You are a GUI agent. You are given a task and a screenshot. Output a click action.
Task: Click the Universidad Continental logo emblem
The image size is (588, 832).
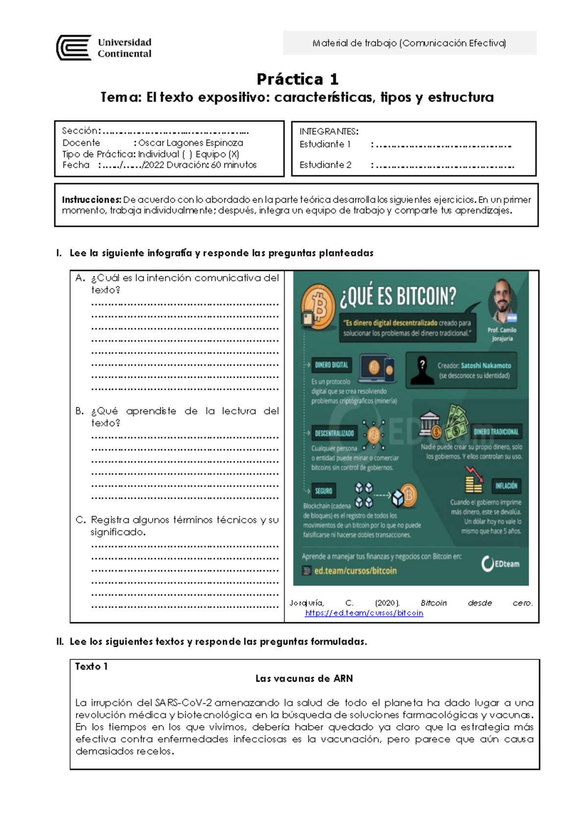pyautogui.click(x=73, y=48)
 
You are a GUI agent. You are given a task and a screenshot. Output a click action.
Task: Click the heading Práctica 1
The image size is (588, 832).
pyautogui.click(x=297, y=79)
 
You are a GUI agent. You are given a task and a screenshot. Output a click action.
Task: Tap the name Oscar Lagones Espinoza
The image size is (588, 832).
pyautogui.click(x=191, y=143)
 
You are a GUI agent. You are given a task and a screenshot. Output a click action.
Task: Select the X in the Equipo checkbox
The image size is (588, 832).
pyautogui.click(x=234, y=154)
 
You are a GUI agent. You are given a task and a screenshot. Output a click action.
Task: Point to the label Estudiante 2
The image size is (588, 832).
pyautogui.click(x=325, y=165)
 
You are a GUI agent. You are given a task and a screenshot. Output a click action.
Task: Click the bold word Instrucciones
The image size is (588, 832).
pyautogui.click(x=91, y=199)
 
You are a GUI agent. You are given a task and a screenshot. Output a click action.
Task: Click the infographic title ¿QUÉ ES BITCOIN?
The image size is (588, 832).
pyautogui.click(x=398, y=296)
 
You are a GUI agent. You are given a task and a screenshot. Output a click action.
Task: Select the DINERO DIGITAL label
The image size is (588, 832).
pyautogui.click(x=331, y=365)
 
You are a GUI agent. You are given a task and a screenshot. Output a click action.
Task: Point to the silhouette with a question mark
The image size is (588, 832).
pyautogui.click(x=422, y=371)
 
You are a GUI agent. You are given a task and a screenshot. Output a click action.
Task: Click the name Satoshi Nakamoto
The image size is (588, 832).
pyautogui.click(x=486, y=366)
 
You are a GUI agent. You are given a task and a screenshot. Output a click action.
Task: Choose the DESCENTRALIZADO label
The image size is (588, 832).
pyautogui.click(x=334, y=433)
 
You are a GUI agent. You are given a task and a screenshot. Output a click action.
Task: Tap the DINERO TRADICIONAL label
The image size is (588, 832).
pyautogui.click(x=496, y=432)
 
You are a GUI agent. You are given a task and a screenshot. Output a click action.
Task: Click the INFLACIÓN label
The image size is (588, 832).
pyautogui.click(x=506, y=486)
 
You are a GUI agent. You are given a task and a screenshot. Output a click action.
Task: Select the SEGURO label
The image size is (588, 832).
pyautogui.click(x=323, y=490)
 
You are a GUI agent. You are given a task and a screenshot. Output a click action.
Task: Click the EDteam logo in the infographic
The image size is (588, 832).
pyautogui.click(x=500, y=564)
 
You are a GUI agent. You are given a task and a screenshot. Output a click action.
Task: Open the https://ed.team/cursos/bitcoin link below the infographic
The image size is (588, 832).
pyautogui.click(x=364, y=613)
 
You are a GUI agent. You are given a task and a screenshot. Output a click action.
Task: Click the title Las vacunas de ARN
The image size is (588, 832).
pyautogui.click(x=304, y=679)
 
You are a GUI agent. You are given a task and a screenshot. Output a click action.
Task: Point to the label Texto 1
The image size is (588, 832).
pyautogui.click(x=91, y=666)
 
